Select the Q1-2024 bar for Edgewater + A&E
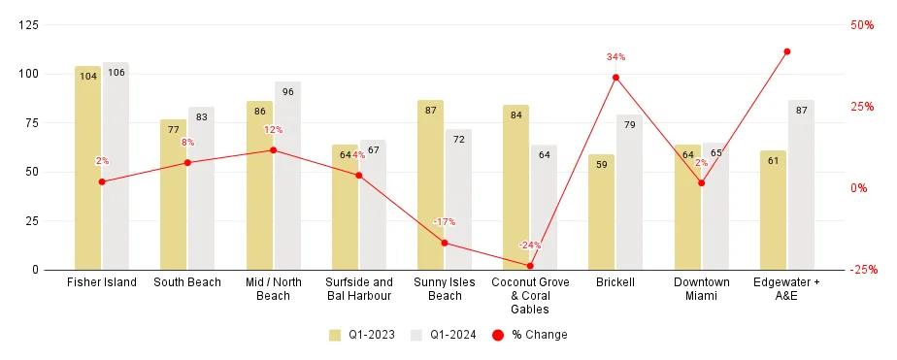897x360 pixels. tap(801, 184)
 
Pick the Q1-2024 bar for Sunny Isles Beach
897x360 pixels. tap(458, 199)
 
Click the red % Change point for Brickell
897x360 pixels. tap(615, 78)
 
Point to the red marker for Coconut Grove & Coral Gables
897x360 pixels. tap(530, 266)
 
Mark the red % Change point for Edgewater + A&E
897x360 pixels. tap(787, 51)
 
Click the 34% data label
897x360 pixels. tap(615, 57)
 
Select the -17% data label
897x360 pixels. tap(445, 222)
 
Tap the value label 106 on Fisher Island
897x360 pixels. tap(116, 74)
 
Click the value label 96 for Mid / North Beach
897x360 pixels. tap(287, 92)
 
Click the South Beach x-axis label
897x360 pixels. tap(187, 282)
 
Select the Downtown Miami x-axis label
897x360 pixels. tap(701, 288)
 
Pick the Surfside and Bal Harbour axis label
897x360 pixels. tap(359, 288)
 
